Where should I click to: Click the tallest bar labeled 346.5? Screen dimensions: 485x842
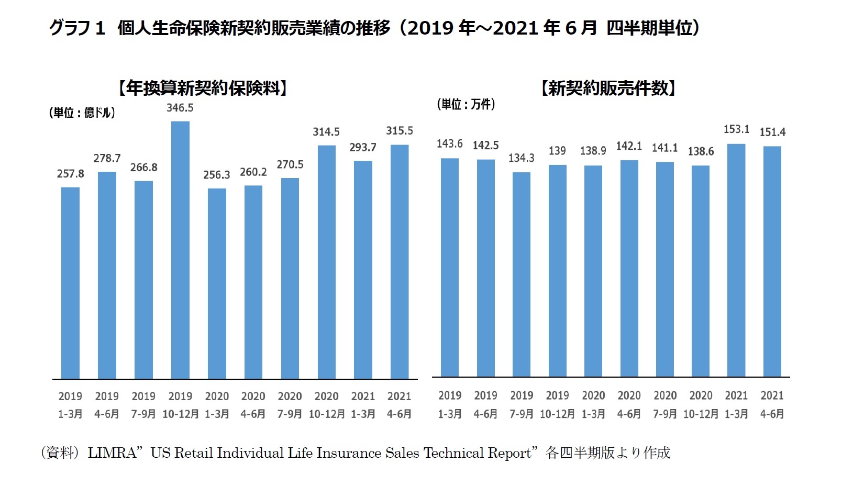point(180,250)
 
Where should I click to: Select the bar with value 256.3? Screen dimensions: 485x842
point(217,283)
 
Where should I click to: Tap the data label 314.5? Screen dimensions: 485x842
point(326,132)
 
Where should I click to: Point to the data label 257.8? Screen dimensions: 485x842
point(70,174)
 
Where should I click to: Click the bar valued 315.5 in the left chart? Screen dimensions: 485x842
point(400,262)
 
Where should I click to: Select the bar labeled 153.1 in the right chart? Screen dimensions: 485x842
point(736,260)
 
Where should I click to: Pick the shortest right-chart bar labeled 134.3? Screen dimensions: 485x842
point(522,274)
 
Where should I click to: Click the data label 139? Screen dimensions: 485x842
point(557,151)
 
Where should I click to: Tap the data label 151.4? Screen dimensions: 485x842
point(772,132)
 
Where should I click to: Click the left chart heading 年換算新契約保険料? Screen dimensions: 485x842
point(203,88)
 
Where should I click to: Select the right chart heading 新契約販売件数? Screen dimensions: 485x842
point(608,88)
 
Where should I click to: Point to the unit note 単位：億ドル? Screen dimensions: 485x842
point(82,113)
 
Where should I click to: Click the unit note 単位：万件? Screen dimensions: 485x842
point(466,104)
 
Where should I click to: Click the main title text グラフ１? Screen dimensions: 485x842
point(77,28)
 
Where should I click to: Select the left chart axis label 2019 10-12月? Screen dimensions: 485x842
point(180,405)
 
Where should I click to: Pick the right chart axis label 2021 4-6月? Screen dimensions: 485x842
point(772,404)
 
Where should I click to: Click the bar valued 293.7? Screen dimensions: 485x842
point(363,270)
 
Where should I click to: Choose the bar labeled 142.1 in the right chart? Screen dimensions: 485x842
point(629,268)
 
